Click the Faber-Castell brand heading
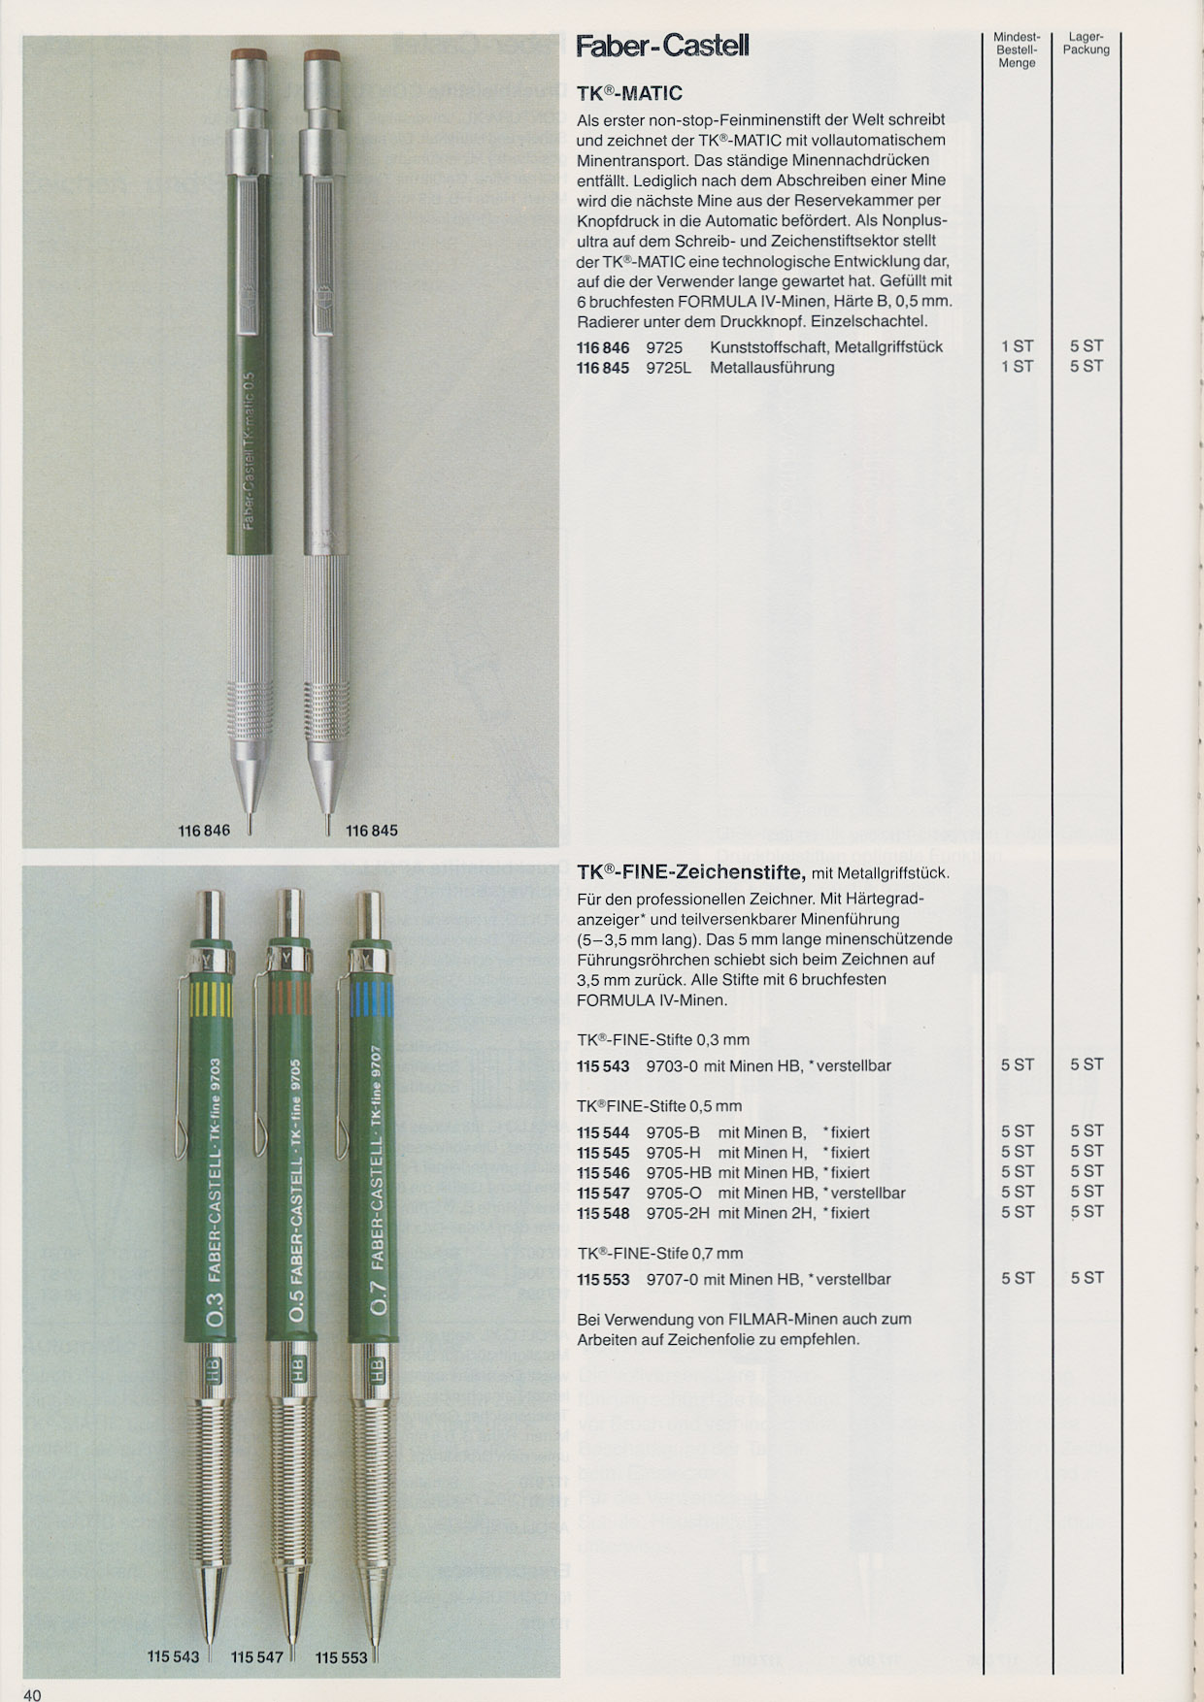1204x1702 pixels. (662, 46)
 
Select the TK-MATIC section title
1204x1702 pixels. (629, 93)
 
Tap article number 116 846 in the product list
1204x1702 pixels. (602, 347)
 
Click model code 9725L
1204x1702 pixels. (668, 368)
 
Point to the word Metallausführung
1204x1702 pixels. (772, 368)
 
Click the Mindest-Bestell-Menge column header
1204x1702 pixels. (1017, 49)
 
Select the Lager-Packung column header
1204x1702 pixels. (1086, 44)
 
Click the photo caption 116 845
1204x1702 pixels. (371, 831)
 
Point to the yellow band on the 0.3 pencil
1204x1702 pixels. (213, 997)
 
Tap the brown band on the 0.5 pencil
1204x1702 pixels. (289, 997)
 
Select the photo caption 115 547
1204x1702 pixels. (256, 1656)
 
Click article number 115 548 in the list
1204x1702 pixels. (602, 1213)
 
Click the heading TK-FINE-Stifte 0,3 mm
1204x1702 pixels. (663, 1040)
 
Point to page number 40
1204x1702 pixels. (32, 1694)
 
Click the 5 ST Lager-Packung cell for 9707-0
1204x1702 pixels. (1087, 1279)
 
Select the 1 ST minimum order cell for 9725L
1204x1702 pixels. (1017, 367)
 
